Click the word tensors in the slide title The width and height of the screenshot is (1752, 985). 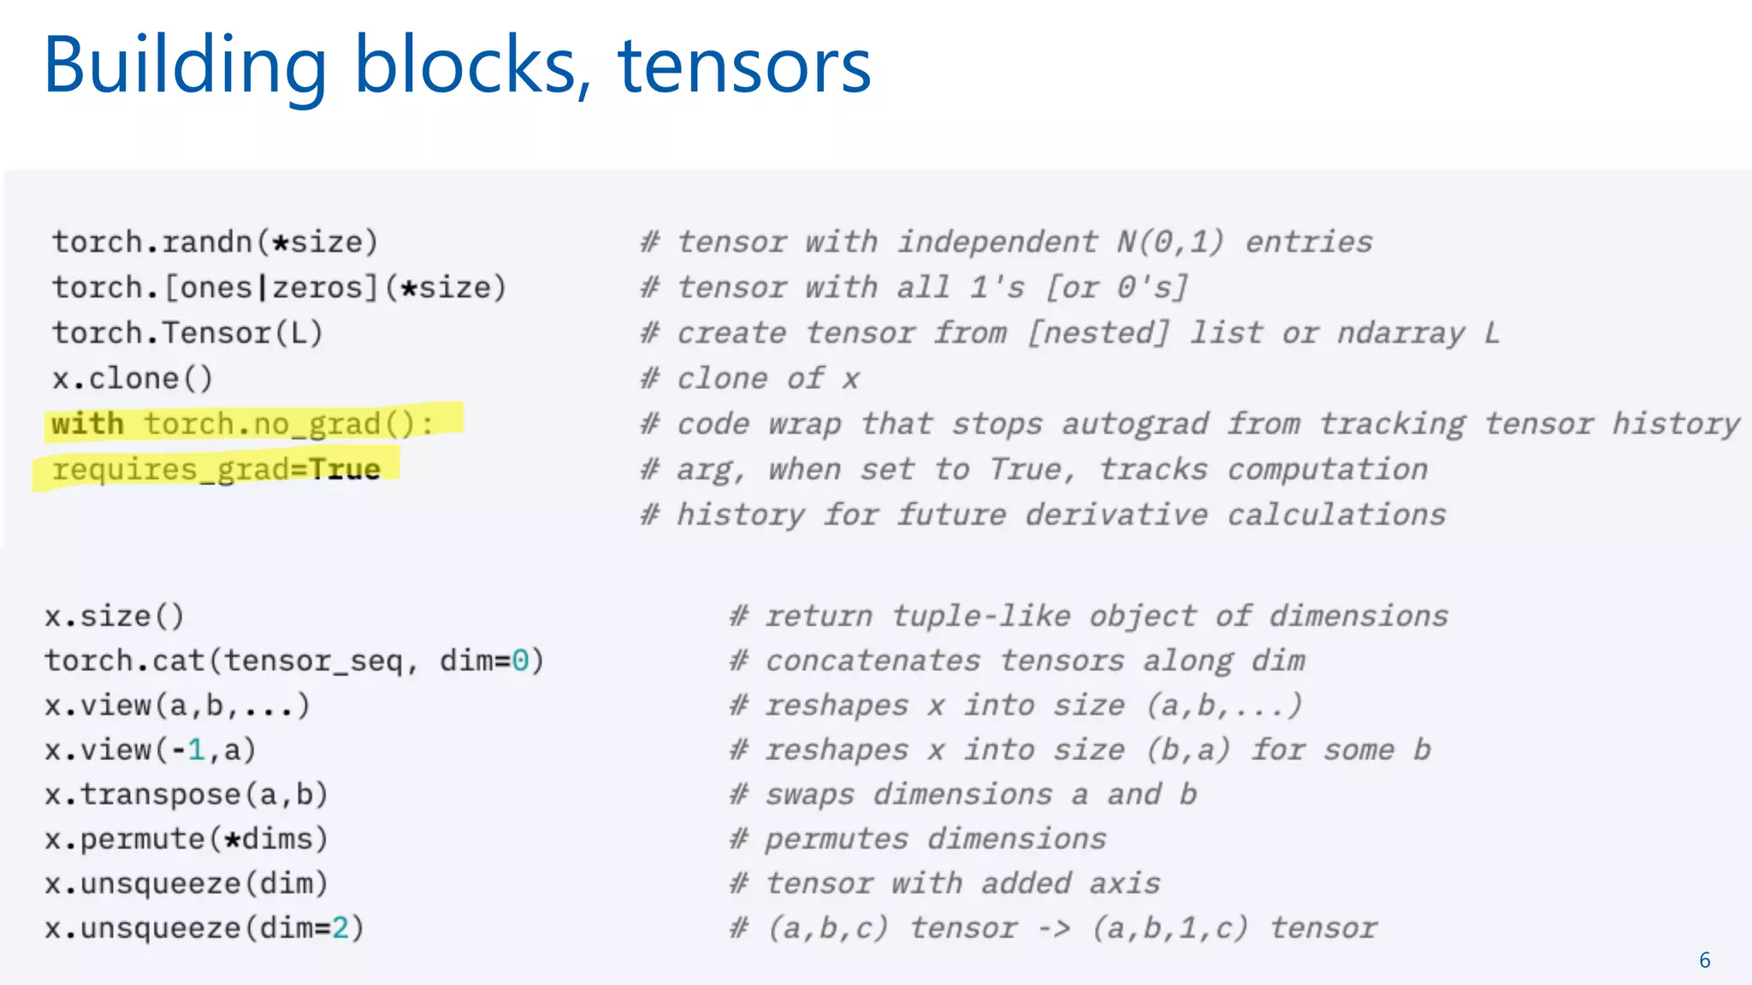point(743,67)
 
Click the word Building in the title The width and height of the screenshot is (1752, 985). point(185,67)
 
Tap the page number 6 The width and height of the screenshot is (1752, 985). point(1704,960)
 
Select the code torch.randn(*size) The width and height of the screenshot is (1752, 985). point(215,242)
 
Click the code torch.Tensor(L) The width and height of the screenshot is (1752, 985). point(187,333)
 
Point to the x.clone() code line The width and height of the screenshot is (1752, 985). point(133,378)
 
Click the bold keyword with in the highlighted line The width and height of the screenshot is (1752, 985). point(87,424)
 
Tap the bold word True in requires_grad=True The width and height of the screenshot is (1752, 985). point(344,469)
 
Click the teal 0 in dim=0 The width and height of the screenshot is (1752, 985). point(520,661)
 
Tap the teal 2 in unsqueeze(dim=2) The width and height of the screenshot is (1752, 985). point(340,928)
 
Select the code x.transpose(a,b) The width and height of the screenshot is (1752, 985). point(186,794)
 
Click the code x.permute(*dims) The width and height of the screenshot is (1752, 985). point(186,839)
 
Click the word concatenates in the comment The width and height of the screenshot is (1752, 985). point(873,661)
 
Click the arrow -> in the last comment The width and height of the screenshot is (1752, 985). point(1054,929)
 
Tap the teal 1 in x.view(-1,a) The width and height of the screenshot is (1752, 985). point(196,750)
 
